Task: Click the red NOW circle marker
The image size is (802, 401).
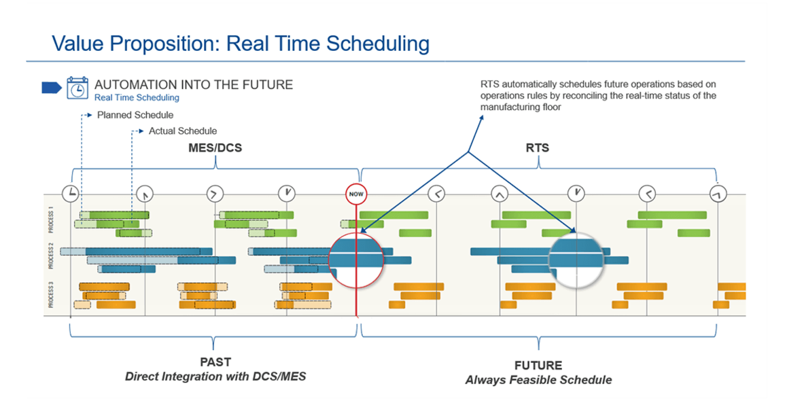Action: point(356,194)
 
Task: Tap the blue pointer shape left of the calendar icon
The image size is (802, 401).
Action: point(52,88)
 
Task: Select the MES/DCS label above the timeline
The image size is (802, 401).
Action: point(215,149)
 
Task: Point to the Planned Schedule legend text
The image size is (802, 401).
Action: point(135,115)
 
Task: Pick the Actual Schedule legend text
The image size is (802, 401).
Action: point(183,131)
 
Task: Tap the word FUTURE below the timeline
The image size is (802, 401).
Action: point(538,366)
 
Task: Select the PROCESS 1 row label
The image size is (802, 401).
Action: point(51,220)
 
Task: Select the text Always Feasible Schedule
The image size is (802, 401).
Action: point(538,380)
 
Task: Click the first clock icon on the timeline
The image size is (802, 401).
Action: point(70,193)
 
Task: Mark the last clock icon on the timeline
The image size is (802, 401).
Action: point(718,193)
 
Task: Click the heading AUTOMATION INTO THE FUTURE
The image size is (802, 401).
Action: point(194,84)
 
